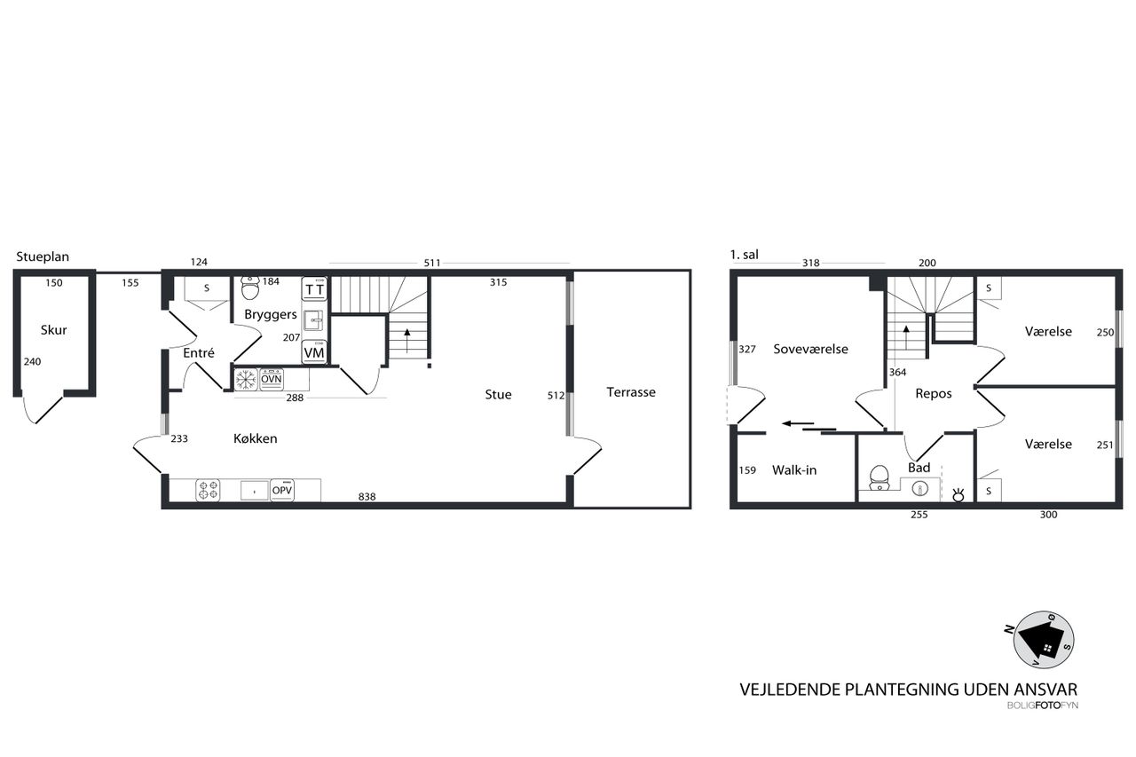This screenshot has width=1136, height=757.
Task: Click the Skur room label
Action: click(x=54, y=330)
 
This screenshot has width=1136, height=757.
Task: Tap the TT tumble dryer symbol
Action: click(x=314, y=289)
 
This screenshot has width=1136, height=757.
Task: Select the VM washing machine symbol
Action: click(x=314, y=352)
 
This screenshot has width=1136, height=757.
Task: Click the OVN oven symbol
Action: click(x=272, y=380)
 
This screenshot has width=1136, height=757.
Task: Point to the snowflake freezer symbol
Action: click(x=246, y=380)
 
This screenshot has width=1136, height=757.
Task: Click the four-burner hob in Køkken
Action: click(x=208, y=490)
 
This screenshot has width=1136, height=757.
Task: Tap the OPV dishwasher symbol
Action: click(x=282, y=490)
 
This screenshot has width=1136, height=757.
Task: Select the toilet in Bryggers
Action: click(x=249, y=288)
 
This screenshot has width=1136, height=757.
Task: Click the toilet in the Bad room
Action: click(x=880, y=478)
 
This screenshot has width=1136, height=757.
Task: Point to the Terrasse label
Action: click(x=631, y=392)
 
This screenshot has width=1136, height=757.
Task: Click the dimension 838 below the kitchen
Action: click(x=367, y=497)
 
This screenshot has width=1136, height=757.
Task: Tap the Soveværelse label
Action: click(x=810, y=350)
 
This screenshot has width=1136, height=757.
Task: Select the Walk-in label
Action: click(x=794, y=470)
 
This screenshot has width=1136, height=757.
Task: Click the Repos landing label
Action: click(x=933, y=394)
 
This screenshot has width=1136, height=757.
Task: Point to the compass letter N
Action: click(x=1009, y=630)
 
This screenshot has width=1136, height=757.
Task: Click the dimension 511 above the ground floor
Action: click(x=432, y=264)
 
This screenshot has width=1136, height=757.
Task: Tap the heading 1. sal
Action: click(x=744, y=255)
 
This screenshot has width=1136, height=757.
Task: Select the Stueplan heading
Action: click(x=43, y=257)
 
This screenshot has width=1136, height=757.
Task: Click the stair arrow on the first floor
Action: click(x=906, y=336)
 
